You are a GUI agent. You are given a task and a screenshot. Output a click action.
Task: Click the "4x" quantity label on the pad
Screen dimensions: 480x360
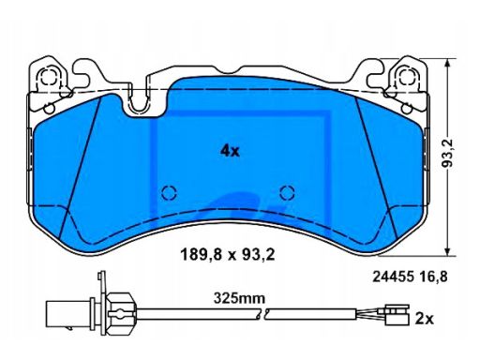(x=230, y=151)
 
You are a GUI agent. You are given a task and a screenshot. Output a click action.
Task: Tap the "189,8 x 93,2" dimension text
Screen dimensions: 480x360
(x=228, y=255)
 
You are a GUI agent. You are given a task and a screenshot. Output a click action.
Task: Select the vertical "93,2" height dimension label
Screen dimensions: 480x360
(x=448, y=153)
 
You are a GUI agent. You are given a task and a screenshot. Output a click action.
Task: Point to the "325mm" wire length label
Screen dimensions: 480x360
(x=239, y=298)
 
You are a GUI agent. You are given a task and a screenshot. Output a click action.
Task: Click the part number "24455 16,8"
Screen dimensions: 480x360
(x=410, y=277)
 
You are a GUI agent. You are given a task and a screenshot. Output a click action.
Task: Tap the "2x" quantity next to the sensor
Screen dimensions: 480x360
(x=425, y=319)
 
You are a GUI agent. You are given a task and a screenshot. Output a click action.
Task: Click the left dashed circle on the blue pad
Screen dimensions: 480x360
(x=169, y=192)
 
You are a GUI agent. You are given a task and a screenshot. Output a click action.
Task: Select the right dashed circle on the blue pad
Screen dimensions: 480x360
(x=287, y=192)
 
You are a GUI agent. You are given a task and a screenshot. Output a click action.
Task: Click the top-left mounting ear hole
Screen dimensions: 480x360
(x=50, y=77)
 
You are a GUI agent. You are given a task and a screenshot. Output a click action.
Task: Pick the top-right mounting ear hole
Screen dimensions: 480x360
(x=407, y=76)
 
